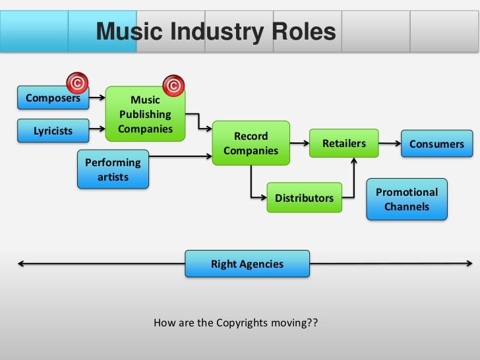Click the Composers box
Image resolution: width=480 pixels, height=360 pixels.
click(53, 99)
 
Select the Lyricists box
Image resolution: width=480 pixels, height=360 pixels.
click(53, 131)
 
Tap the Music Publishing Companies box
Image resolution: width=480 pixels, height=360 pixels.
click(145, 114)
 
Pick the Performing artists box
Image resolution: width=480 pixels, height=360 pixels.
click(113, 169)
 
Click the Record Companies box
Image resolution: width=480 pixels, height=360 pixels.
click(251, 144)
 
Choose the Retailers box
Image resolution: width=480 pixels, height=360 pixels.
click(344, 144)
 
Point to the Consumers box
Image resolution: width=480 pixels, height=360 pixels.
click(436, 144)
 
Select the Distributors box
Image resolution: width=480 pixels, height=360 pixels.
click(304, 198)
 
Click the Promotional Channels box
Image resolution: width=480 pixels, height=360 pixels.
click(407, 199)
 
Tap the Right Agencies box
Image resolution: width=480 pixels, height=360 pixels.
click(247, 264)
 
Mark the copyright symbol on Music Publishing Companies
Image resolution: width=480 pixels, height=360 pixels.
click(173, 86)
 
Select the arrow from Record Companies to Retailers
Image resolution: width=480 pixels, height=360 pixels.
click(300, 143)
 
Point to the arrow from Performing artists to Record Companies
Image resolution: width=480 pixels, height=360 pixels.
click(181, 156)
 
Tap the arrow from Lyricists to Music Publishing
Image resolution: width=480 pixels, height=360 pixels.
click(96, 130)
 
